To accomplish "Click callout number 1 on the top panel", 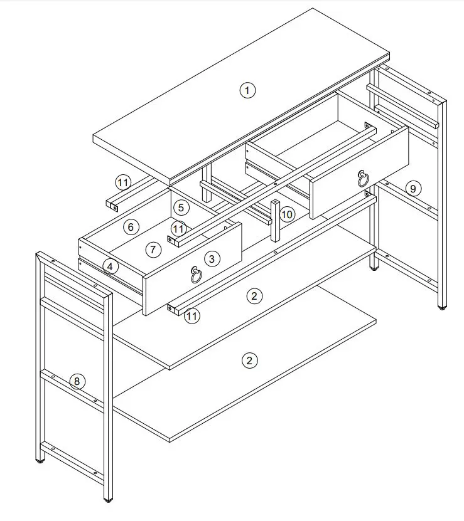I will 247,90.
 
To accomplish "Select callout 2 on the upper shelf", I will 253,296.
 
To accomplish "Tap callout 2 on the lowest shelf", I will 249,360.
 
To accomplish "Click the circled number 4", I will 110,266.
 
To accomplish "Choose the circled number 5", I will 180,208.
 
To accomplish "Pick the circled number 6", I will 131,227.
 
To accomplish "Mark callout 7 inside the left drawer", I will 153,249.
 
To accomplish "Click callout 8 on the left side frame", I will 77,381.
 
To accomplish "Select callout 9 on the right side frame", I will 412,187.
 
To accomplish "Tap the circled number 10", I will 287,214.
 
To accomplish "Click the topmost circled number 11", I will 123,183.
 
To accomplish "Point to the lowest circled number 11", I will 192,316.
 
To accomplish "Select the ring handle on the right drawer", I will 363,179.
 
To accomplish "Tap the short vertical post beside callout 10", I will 275,221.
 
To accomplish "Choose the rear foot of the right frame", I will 375,268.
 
